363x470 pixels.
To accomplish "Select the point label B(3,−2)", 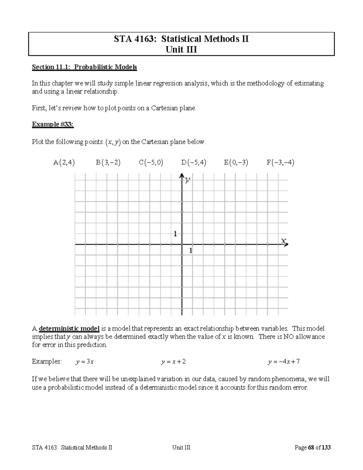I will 108,163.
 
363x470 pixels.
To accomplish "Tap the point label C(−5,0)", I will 151,163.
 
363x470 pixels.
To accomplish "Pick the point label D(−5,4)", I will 194,163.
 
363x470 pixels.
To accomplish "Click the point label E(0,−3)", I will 236,163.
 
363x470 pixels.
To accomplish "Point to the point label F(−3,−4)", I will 280,163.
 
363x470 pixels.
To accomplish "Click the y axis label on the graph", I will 188,180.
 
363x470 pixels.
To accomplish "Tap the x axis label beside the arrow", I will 283,241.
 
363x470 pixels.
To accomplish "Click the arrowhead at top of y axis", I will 182,176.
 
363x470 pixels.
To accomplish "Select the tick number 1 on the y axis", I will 175,234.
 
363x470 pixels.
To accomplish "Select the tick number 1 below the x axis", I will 191,251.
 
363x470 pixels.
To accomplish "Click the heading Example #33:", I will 53,124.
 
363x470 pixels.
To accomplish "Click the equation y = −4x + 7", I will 283,362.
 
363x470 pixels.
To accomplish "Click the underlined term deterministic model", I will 69,329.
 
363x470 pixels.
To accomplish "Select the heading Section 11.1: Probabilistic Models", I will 84,67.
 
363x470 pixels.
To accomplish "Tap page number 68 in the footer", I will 311,448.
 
